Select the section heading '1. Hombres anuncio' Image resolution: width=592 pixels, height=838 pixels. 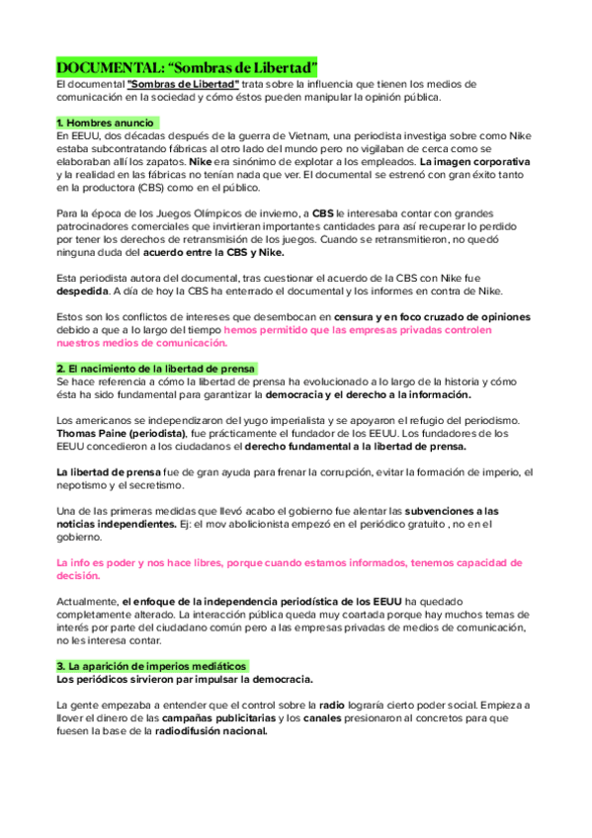pos(107,122)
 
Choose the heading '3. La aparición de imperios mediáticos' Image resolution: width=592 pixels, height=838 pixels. pos(151,665)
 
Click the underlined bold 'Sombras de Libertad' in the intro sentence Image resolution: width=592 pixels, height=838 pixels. pos(184,84)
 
